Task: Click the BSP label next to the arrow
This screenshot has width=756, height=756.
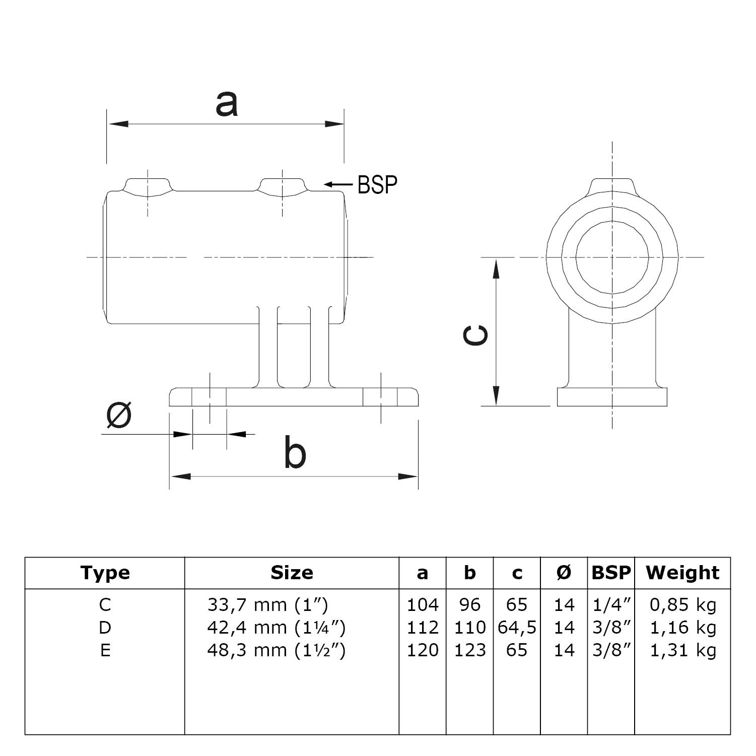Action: [377, 185]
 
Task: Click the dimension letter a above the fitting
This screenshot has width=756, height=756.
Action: [226, 104]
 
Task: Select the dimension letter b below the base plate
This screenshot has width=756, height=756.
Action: [295, 452]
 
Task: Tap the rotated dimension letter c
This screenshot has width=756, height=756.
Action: [475, 335]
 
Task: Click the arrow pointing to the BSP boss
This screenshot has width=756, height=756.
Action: [338, 185]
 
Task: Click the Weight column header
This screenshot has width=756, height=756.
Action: [682, 573]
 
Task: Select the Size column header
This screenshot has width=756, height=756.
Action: [292, 573]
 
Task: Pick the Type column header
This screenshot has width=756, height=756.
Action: [105, 573]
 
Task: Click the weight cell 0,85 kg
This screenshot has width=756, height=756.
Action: [682, 604]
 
